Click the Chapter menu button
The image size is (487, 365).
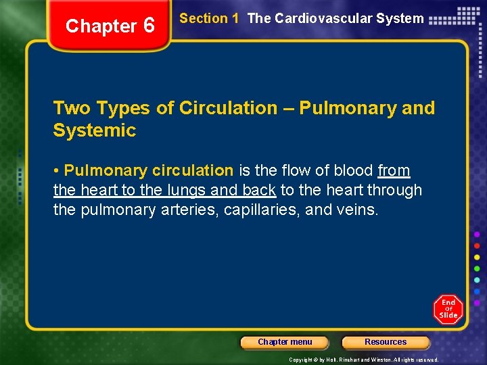(x=285, y=342)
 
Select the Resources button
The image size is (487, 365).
(x=386, y=342)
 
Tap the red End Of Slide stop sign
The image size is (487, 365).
(x=448, y=309)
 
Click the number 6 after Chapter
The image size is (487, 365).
(x=149, y=26)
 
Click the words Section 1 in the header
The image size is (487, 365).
(x=209, y=19)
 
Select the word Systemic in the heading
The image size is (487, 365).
(x=94, y=130)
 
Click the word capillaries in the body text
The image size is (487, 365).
(x=260, y=210)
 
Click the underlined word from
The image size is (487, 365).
(x=394, y=171)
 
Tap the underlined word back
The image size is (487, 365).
(x=256, y=191)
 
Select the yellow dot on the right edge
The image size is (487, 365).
(x=478, y=258)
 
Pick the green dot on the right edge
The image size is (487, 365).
(x=478, y=268)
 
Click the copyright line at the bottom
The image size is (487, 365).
(x=364, y=360)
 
